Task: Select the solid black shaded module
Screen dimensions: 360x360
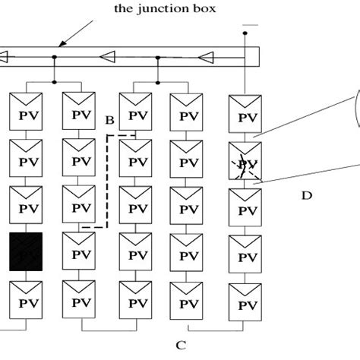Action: (26, 250)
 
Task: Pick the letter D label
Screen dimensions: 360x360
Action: (306, 196)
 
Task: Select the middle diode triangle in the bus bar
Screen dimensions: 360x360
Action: (110, 56)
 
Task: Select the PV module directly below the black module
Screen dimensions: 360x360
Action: (26, 297)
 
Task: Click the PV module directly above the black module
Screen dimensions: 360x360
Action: (26, 204)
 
